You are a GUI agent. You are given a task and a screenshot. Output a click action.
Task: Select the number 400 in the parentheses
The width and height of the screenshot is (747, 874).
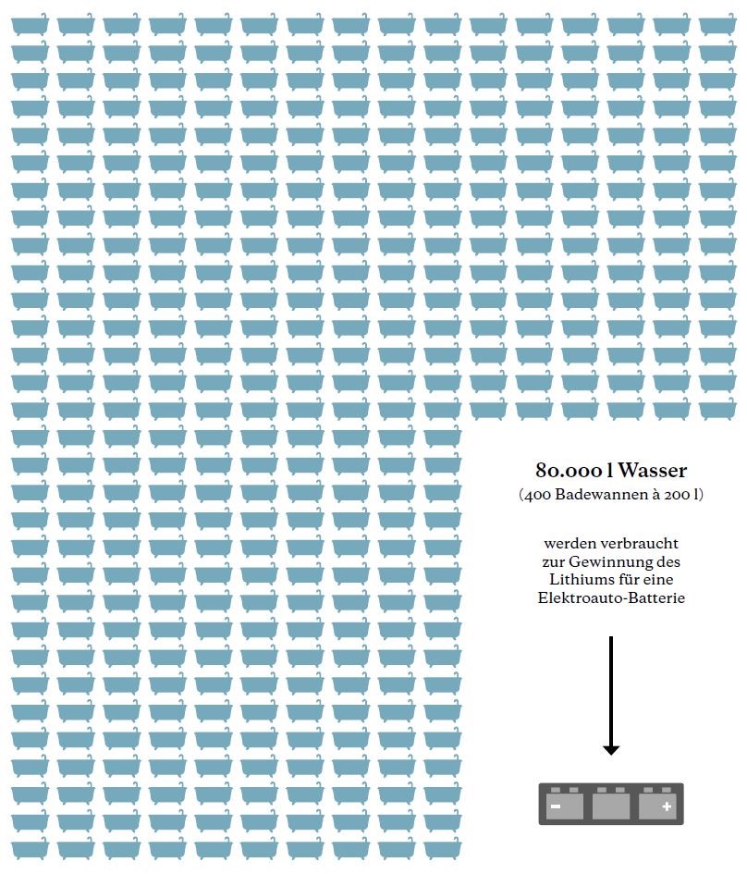click(x=538, y=495)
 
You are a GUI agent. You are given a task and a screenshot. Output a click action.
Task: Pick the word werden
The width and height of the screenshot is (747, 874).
click(x=569, y=544)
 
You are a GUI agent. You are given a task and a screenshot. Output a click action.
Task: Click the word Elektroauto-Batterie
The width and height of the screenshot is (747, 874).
click(x=611, y=597)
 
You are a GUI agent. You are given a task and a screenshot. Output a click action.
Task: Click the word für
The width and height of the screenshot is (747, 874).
click(x=629, y=579)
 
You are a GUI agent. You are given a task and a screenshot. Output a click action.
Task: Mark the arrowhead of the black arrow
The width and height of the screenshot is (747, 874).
click(x=611, y=748)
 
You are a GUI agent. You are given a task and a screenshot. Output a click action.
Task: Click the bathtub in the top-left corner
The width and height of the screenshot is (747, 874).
click(x=30, y=25)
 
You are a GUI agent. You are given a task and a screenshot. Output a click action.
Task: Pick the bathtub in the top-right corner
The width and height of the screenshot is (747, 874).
click(x=717, y=25)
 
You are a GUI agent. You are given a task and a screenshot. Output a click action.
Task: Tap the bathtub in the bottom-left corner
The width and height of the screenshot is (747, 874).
click(x=30, y=847)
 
